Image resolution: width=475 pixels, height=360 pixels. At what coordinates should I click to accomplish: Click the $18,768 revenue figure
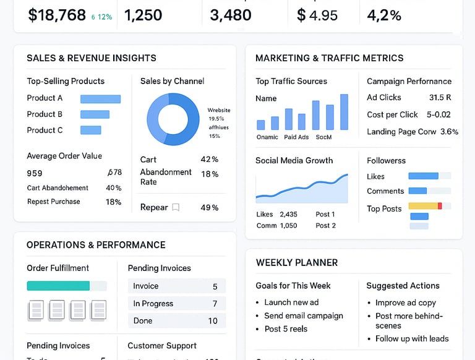pos(57,15)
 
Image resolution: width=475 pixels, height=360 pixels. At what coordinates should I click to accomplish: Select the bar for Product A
pos(100,98)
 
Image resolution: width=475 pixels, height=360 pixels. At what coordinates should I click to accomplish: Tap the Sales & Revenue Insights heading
pos(92,58)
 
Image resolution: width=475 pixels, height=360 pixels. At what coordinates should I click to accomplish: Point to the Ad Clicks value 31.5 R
pos(440,98)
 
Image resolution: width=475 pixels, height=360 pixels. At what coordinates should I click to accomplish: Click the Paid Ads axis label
pos(296,137)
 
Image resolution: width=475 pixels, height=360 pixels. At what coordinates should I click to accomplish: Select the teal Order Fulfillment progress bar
pos(58,286)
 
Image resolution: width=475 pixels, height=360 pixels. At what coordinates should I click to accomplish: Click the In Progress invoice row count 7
pos(215,304)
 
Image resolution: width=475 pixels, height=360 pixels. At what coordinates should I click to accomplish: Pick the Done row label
pos(143,321)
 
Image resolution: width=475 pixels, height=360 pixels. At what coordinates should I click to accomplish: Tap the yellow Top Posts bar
pos(423,205)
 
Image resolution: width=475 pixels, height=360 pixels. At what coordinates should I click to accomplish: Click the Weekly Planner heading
pos(297,263)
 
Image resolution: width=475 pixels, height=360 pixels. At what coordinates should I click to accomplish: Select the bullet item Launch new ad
pos(291,302)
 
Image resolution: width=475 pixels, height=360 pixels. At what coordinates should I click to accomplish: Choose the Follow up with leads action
pos(412,339)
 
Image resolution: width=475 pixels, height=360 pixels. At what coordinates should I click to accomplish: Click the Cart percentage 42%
pos(210,160)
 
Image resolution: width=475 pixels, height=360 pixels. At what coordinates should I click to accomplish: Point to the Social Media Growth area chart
pos(302,189)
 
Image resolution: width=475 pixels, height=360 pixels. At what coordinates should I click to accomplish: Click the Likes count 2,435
pos(288,215)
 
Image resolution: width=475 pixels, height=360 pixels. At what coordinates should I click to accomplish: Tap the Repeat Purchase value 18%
pos(113,202)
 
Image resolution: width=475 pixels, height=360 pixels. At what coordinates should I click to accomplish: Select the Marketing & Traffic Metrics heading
pos(329,58)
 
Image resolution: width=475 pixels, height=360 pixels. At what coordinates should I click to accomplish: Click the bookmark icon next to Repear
pos(176,208)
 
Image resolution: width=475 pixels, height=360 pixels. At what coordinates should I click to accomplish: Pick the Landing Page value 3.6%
pos(449,132)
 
